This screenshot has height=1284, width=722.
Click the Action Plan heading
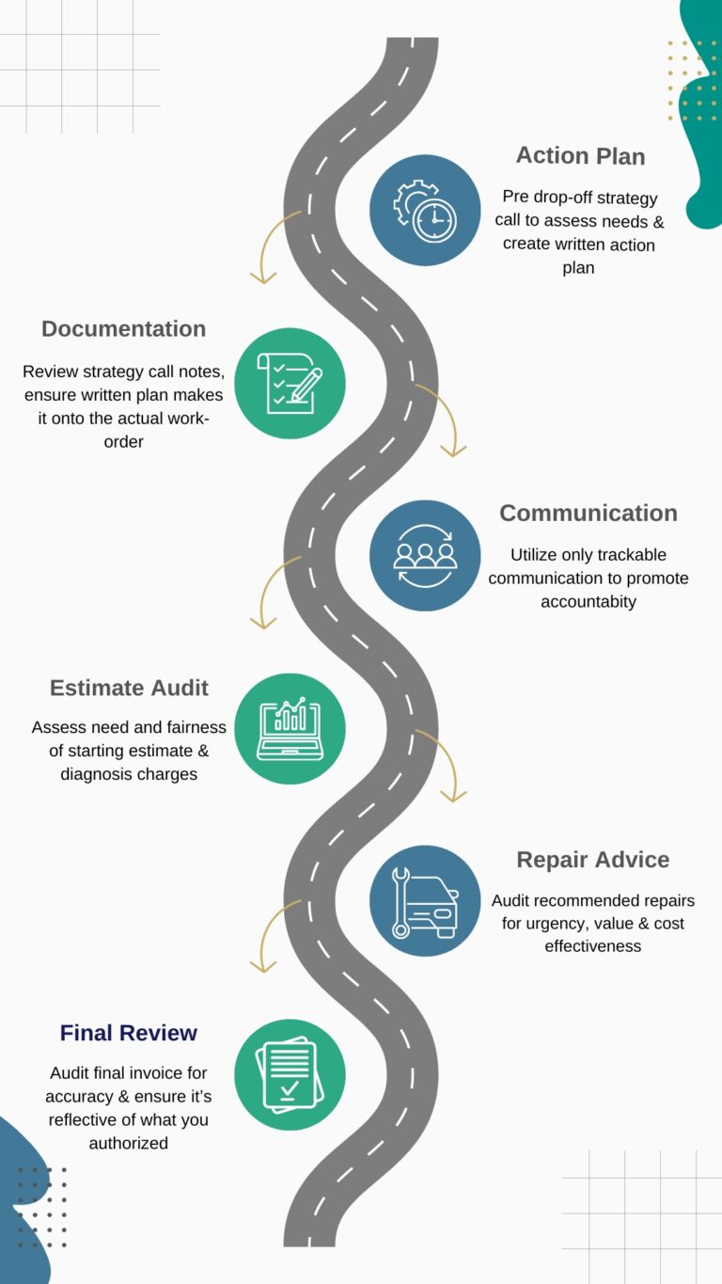(580, 156)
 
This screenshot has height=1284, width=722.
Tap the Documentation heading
(123, 329)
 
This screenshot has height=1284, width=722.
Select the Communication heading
(588, 513)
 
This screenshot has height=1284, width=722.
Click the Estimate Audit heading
(129, 688)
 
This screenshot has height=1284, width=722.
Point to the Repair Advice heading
(592, 860)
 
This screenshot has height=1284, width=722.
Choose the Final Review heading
(128, 1033)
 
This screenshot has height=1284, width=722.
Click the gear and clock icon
(425, 211)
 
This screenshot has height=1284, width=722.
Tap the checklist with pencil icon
(290, 384)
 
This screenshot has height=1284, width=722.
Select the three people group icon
(425, 556)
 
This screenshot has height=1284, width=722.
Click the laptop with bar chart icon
(290, 729)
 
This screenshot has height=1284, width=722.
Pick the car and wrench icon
(425, 901)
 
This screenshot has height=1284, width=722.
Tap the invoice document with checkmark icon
(290, 1074)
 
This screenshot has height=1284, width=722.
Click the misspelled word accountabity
(589, 601)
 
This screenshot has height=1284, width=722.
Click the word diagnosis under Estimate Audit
(96, 774)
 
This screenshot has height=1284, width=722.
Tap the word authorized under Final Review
(129, 1144)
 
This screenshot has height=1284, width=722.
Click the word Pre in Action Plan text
(515, 198)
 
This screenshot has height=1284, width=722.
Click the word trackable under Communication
(634, 555)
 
